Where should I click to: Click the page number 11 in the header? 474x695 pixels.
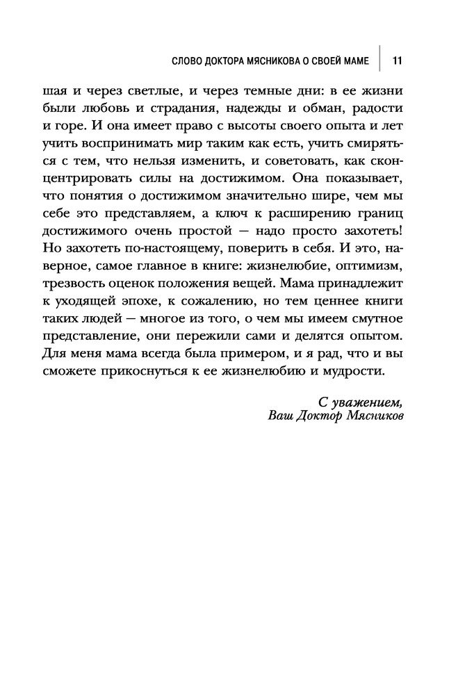point(398,60)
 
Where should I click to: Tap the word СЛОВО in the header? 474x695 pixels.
point(186,60)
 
